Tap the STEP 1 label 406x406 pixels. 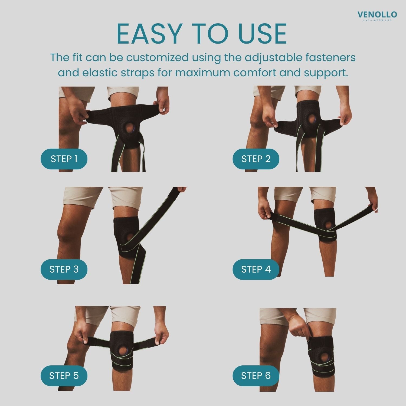pos(64,159)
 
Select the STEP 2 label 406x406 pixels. pos(256,159)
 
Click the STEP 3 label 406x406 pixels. pos(64,269)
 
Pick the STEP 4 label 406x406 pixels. pos(256,269)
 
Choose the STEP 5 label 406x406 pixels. pos(64,376)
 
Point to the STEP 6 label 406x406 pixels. pos(256,376)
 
